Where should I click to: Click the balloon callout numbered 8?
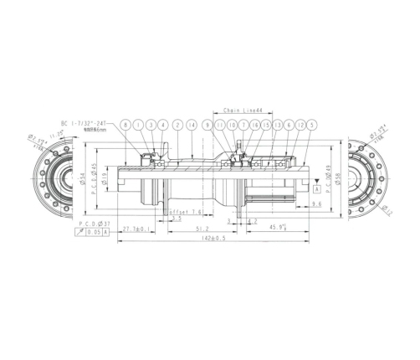coord(125,124)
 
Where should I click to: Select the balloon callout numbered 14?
coord(192,124)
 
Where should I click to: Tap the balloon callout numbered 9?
coord(207,124)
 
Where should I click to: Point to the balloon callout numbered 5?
coord(312,124)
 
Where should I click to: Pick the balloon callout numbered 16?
coord(255,124)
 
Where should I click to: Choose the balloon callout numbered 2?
coord(178,124)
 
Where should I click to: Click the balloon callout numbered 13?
coord(277,124)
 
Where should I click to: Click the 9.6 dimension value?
coord(316,204)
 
